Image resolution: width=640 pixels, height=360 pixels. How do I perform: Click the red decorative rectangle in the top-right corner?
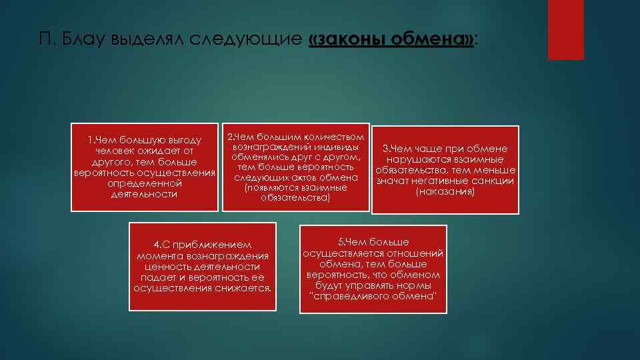pos(565,29)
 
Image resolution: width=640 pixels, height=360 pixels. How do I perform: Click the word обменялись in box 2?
pos(263,157)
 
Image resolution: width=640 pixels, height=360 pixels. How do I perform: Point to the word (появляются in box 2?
pos(271,188)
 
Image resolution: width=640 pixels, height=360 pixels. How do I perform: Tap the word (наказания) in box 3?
pos(445,191)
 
